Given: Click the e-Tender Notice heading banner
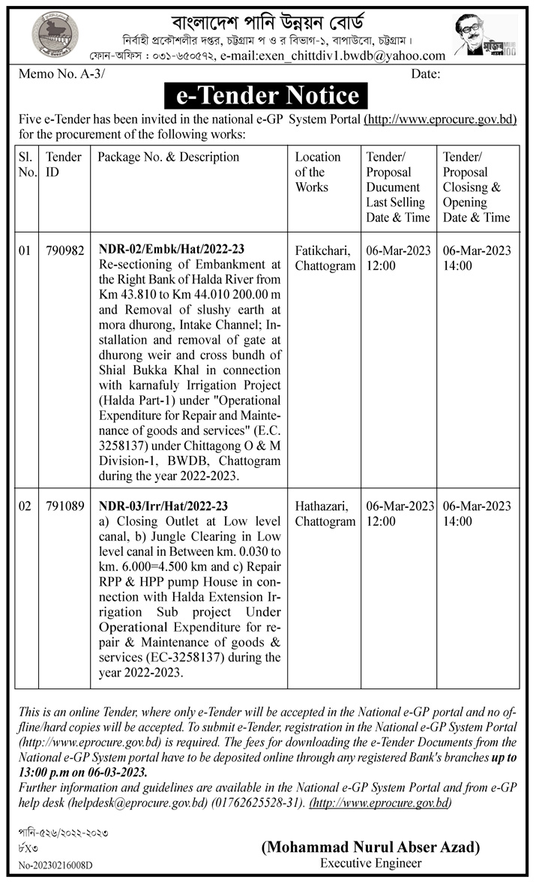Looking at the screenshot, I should tap(268, 96).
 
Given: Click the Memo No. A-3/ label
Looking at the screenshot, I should tap(56, 73).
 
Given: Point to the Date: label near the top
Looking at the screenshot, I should tap(425, 73).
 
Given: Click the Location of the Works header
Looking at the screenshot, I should tap(318, 172).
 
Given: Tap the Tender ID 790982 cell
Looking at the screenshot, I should tap(64, 250).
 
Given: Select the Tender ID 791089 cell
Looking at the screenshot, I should tap(64, 506).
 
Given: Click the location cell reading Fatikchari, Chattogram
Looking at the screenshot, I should tap(325, 258).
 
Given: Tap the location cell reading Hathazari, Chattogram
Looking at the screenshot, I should tap(325, 514).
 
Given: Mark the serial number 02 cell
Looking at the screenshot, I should tap(25, 506).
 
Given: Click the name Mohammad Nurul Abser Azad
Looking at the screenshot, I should tap(370, 847).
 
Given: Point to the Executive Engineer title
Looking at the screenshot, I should tap(370, 863).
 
